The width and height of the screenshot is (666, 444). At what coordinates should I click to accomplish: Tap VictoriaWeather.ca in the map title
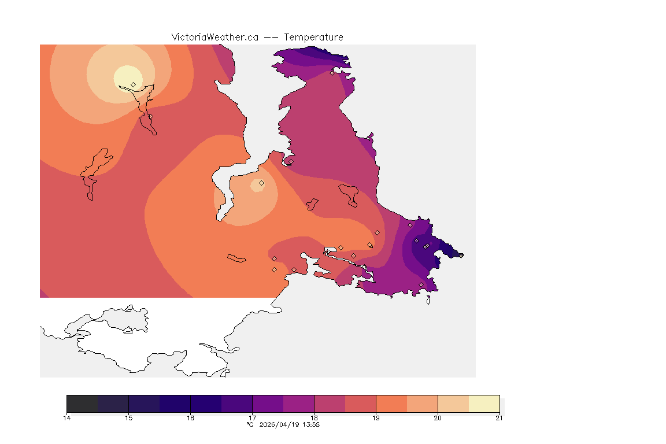point(214,37)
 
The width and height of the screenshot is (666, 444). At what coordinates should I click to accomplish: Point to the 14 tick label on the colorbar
point(67,418)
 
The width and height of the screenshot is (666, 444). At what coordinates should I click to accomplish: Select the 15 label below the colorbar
point(129,418)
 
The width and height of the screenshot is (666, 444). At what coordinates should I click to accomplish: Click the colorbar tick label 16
point(191,418)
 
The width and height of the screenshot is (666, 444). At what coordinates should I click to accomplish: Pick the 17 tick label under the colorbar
point(253,418)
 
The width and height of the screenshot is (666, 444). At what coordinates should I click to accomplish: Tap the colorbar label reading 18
point(314,418)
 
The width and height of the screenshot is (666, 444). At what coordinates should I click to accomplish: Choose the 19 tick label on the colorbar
point(376,418)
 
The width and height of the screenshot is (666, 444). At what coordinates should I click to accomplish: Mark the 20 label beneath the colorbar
point(438,418)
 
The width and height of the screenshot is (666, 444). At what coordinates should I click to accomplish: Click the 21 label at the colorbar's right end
point(499,418)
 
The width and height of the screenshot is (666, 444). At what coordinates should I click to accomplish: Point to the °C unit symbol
point(250,425)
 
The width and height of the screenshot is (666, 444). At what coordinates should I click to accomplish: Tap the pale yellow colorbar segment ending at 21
point(484,404)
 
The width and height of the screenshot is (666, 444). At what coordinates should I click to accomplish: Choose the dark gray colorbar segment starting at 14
point(83,404)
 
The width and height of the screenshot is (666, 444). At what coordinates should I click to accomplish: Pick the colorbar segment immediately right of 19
point(391,404)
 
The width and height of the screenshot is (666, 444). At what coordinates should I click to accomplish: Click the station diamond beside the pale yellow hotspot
point(134,84)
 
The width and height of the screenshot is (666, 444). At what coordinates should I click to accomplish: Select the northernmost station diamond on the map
point(332,73)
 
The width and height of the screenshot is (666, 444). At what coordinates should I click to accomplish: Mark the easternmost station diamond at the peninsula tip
point(461,256)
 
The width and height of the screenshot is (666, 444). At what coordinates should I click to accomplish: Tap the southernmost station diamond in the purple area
point(421,284)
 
